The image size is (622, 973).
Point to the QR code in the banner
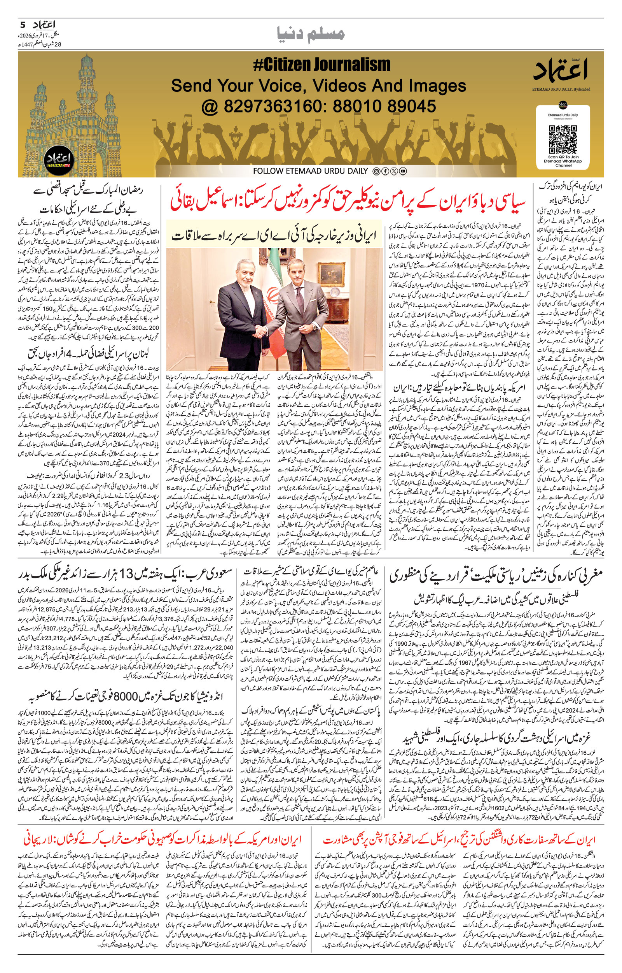[x=562, y=139]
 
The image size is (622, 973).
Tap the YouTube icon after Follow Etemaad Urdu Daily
[x=403, y=171]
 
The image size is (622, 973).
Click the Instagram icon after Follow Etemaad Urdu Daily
[x=376, y=171]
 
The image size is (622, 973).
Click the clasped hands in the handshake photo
[x=261, y=332]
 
